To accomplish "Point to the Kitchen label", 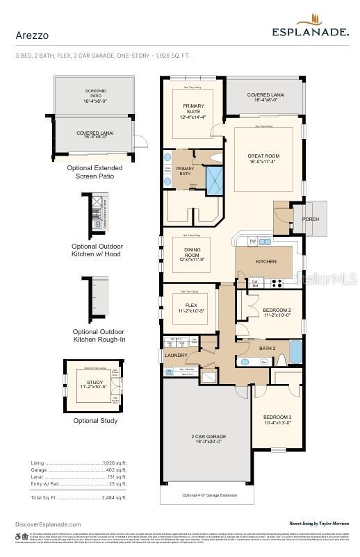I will click(266, 262).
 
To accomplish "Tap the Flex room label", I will click(191, 308).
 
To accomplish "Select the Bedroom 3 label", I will click(278, 419).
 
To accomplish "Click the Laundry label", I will click(176, 355).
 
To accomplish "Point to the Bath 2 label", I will click(268, 348).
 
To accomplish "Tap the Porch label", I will click(310, 219).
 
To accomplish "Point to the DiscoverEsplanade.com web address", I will click(48, 524).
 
